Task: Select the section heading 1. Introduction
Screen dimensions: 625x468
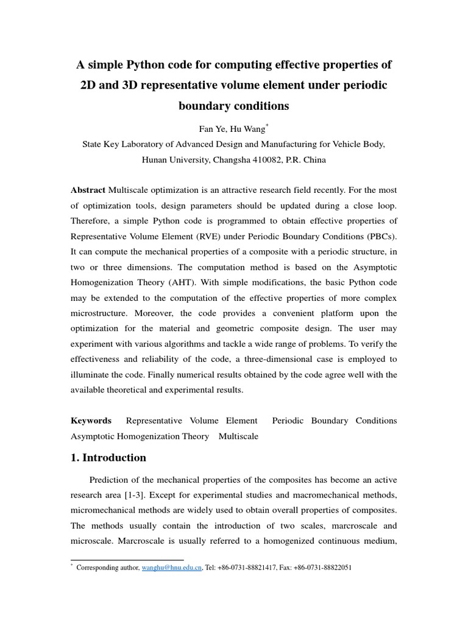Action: pyautogui.click(x=108, y=457)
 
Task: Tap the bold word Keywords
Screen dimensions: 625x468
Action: pyautogui.click(x=91, y=421)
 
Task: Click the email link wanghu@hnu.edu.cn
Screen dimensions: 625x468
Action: pyautogui.click(x=172, y=567)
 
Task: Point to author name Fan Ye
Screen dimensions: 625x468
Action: pyautogui.click(x=211, y=129)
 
